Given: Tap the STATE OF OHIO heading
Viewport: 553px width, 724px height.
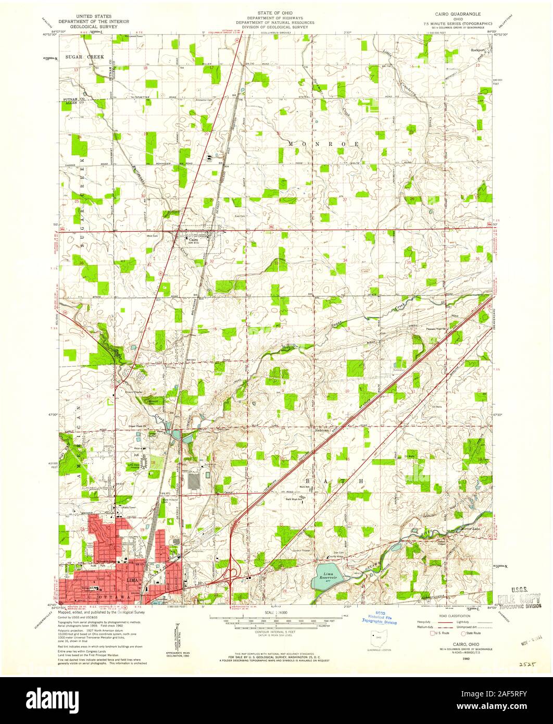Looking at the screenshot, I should click(274, 11).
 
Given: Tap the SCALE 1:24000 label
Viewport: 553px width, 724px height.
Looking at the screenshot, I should click(276, 613).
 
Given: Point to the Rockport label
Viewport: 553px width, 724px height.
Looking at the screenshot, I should click(477, 51).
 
